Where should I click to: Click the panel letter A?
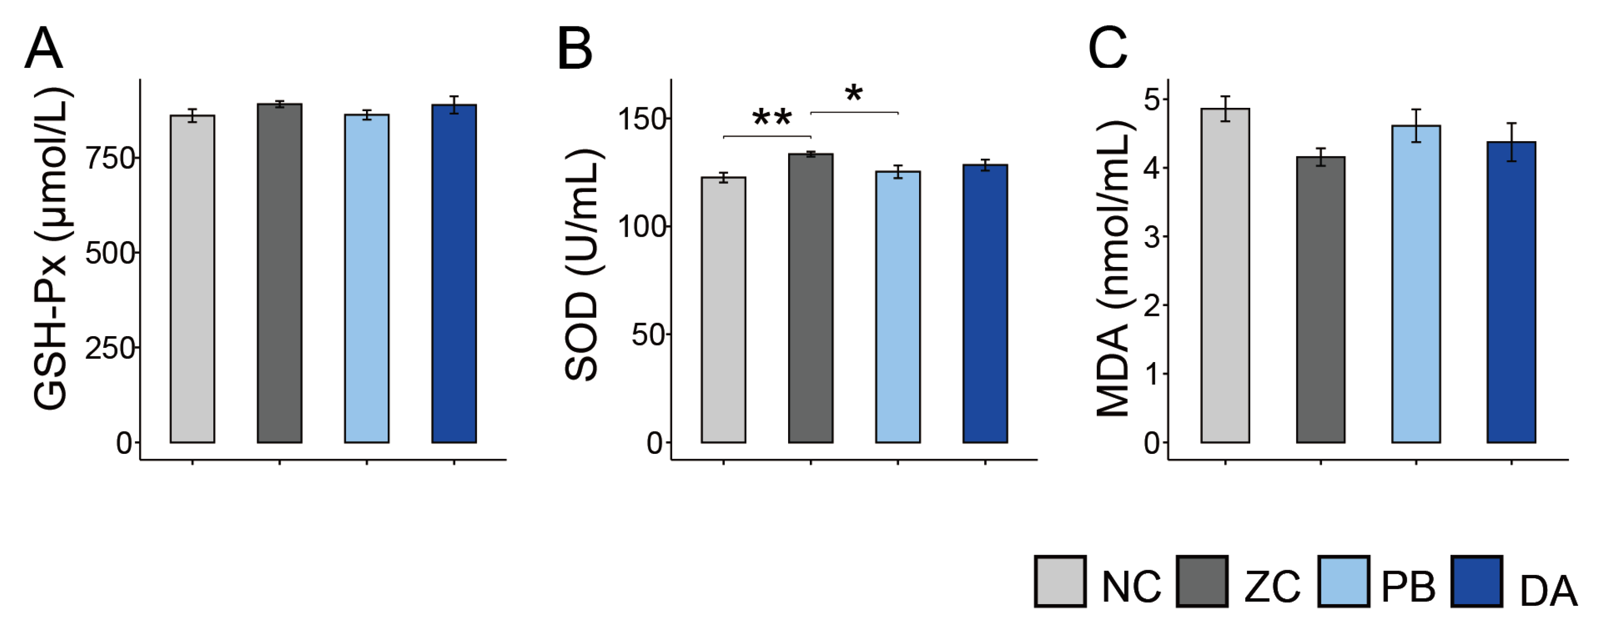click(44, 49)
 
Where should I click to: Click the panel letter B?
click(575, 49)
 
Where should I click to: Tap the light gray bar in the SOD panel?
click(724, 310)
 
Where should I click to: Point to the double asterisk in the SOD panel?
click(772, 118)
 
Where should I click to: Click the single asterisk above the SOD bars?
click(854, 95)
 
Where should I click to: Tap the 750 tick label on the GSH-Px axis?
click(110, 159)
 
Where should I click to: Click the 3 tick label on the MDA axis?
click(1152, 237)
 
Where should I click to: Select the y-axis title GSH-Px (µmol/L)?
click(51, 248)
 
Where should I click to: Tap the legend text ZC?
click(1272, 586)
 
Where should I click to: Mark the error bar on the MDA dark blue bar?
click(1511, 142)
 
